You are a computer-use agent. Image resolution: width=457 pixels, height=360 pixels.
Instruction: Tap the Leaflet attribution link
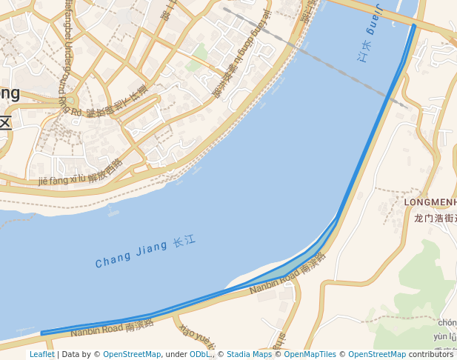41,354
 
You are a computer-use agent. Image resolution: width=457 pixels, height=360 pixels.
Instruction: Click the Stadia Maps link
249,354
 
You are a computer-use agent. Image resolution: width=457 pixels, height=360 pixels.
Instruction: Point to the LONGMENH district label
430,201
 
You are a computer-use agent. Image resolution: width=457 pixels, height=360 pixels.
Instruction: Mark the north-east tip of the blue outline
414,26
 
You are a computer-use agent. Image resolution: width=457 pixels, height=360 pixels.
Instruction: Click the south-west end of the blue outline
41,333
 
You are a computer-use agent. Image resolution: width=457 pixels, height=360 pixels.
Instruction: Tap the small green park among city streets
196,65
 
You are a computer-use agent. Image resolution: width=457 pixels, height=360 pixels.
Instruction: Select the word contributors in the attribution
430,354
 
